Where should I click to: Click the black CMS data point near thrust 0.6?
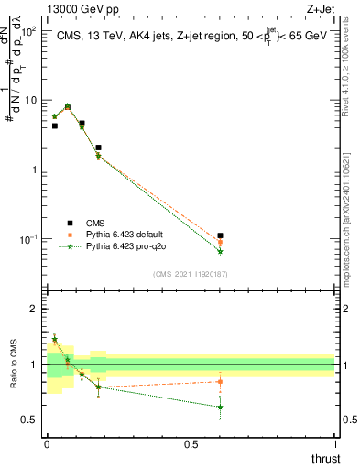tap(220, 235)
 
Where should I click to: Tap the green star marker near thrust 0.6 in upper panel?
tap(220, 252)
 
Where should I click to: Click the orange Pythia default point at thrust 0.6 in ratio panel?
tap(220, 381)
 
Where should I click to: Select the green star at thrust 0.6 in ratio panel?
tap(220, 407)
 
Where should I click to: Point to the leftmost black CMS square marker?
tap(55, 125)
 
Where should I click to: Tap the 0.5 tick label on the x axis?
tap(191, 442)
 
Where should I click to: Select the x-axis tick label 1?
tap(335, 442)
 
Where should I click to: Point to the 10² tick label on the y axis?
tap(29, 31)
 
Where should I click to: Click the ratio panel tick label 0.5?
tap(29, 420)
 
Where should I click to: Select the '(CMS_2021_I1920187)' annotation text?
tap(190, 273)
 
